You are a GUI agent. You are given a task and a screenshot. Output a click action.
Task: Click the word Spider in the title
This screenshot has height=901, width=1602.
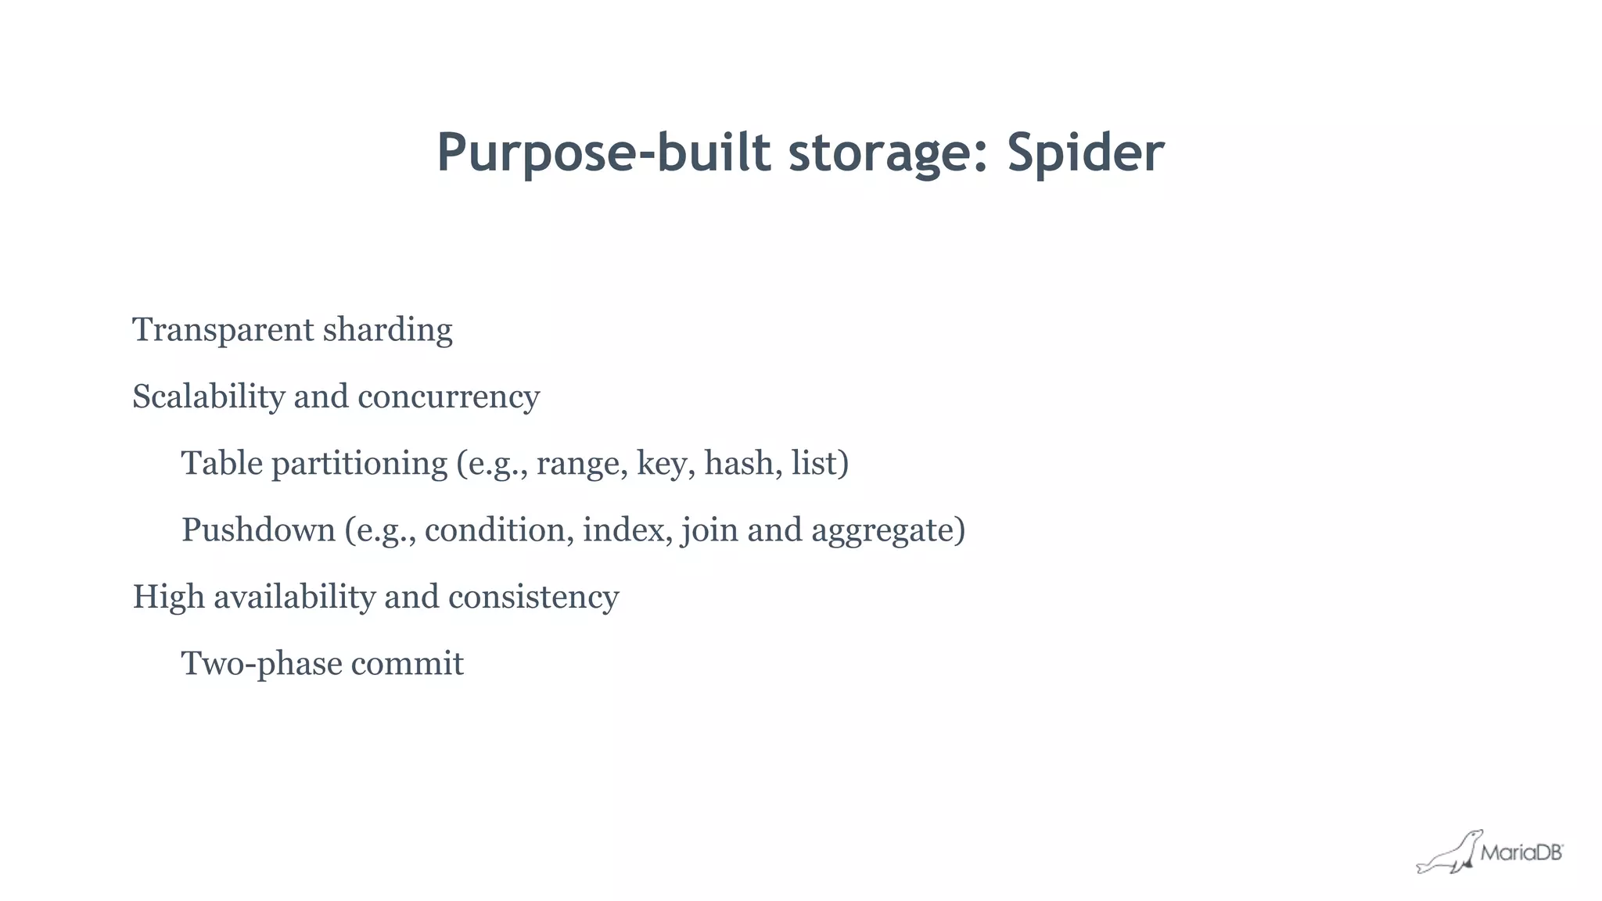[1085, 153]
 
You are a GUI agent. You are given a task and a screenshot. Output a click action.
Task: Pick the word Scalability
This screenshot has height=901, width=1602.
[208, 397]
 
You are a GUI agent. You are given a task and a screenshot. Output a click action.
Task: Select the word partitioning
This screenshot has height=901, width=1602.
[359, 463]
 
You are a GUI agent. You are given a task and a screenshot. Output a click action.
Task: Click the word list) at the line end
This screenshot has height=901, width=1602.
[819, 463]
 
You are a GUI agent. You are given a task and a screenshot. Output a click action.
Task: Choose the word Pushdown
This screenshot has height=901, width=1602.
[258, 530]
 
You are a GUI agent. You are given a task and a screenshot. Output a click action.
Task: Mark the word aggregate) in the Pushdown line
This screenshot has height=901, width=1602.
[888, 530]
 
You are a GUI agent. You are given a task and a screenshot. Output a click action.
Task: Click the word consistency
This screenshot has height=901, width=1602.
[533, 597]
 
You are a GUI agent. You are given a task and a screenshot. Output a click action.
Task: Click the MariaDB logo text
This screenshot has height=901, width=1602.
[1521, 853]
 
